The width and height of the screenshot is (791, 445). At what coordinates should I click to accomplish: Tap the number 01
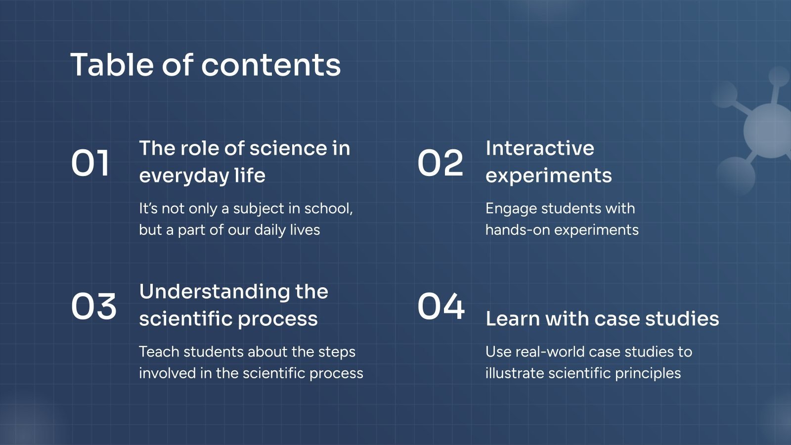pyautogui.click(x=90, y=163)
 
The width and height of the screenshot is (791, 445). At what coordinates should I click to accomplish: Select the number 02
pyautogui.click(x=440, y=163)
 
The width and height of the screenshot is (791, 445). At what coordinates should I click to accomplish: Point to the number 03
pyautogui.click(x=93, y=306)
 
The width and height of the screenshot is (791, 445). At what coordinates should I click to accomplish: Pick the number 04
pyautogui.click(x=441, y=306)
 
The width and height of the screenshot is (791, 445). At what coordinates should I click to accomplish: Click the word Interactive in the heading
pyautogui.click(x=539, y=148)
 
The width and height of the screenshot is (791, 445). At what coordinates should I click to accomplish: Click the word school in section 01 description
pyautogui.click(x=327, y=209)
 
